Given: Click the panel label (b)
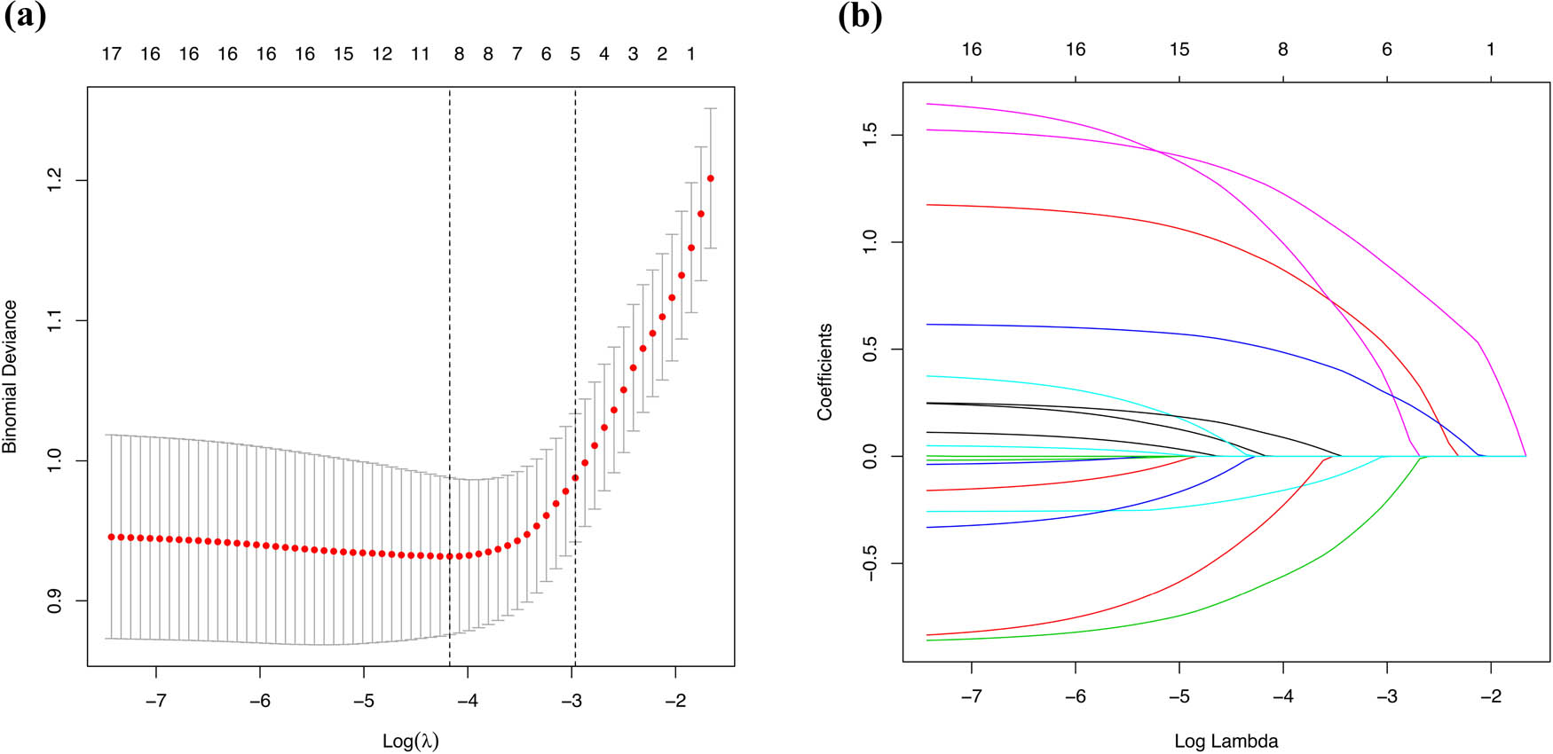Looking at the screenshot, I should pos(860,17).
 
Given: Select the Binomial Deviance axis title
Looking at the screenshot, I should pos(11,376).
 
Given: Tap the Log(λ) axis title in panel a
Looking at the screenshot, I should pos(410,740).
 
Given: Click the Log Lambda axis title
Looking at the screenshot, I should pos(1226,741).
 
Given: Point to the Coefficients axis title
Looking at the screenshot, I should pos(825,372).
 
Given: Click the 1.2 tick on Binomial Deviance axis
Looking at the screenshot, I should pos(55,180).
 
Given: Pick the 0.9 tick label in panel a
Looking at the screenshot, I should pos(55,601).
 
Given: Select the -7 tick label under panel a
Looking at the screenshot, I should pos(155,701).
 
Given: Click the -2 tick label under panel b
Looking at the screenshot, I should pos(1490,696).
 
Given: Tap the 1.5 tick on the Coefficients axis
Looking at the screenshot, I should pos(871,135).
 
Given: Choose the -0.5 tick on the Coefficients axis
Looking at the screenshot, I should pos(871,562).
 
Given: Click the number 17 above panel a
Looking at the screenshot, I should pos(111,54).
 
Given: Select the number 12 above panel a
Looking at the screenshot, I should pos(382,54).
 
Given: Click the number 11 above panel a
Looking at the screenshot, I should pos(421,54).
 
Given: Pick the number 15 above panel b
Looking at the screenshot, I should pos(1179,50).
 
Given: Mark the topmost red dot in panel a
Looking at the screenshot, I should pos(710,178).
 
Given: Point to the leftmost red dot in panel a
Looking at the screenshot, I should pos(111,537).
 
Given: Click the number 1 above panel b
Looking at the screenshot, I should pos(1491,50).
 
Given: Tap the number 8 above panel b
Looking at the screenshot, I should pos(1282,50).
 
